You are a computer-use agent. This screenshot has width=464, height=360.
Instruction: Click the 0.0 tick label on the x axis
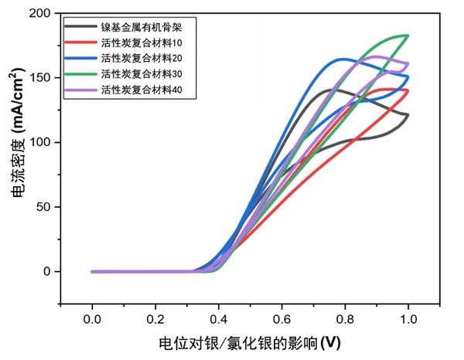pos(92,318)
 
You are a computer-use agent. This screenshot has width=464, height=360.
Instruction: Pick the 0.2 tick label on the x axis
pos(155,318)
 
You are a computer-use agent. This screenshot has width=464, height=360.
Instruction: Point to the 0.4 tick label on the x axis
pos(218,318)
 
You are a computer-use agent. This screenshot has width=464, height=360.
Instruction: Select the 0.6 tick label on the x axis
pos(281,318)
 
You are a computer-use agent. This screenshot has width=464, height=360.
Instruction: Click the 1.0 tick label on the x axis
pos(408,318)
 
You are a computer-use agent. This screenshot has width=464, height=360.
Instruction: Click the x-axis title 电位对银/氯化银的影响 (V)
pos(249,341)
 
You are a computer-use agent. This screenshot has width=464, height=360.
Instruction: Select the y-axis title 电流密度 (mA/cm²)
pos(16,143)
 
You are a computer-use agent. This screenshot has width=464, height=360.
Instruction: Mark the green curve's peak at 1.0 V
pos(407,36)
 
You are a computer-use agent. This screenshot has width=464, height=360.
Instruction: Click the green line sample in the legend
pos(80,74)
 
